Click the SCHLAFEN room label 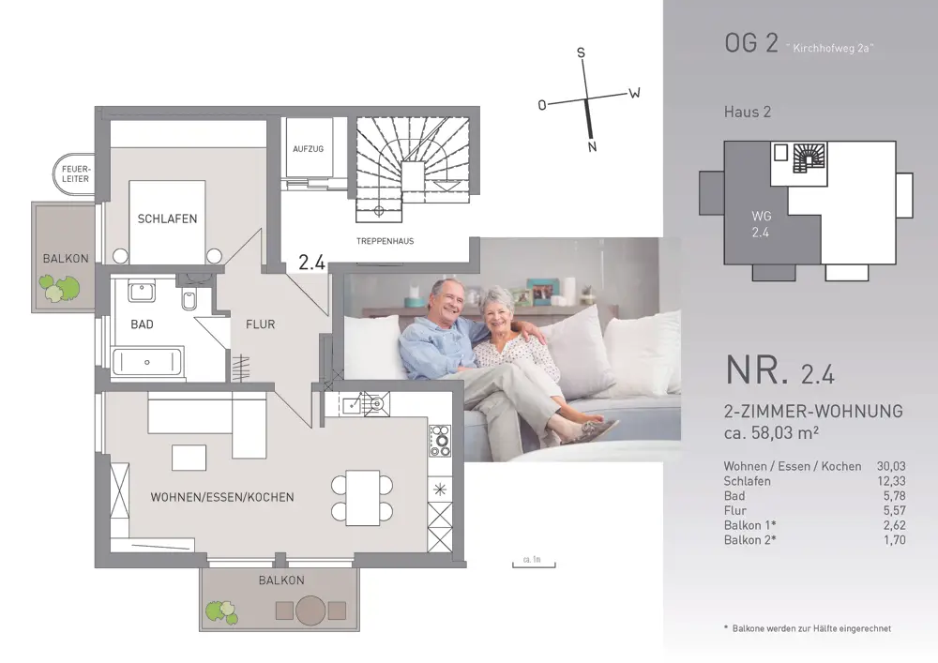168,218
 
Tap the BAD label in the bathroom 142,324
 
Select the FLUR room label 260,324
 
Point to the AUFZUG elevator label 308,149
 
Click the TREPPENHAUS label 386,241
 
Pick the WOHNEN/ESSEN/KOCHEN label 222,497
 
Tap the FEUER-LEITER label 76,174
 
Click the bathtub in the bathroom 146,362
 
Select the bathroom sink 142,291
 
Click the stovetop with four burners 440,441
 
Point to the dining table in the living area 362,498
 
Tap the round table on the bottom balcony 310,610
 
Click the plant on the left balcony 59,288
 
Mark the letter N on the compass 592,146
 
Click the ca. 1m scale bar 534,565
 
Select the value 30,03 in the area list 891,466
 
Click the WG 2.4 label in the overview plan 761,224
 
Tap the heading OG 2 751,43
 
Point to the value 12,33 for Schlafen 891,481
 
